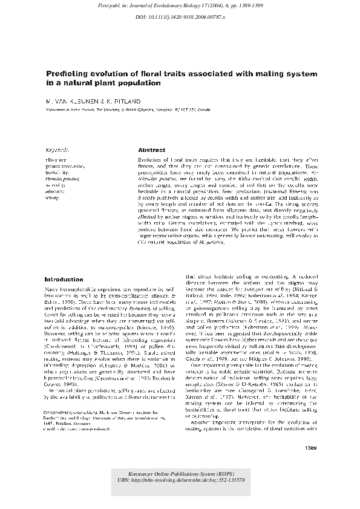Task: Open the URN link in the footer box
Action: pos(180,479)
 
